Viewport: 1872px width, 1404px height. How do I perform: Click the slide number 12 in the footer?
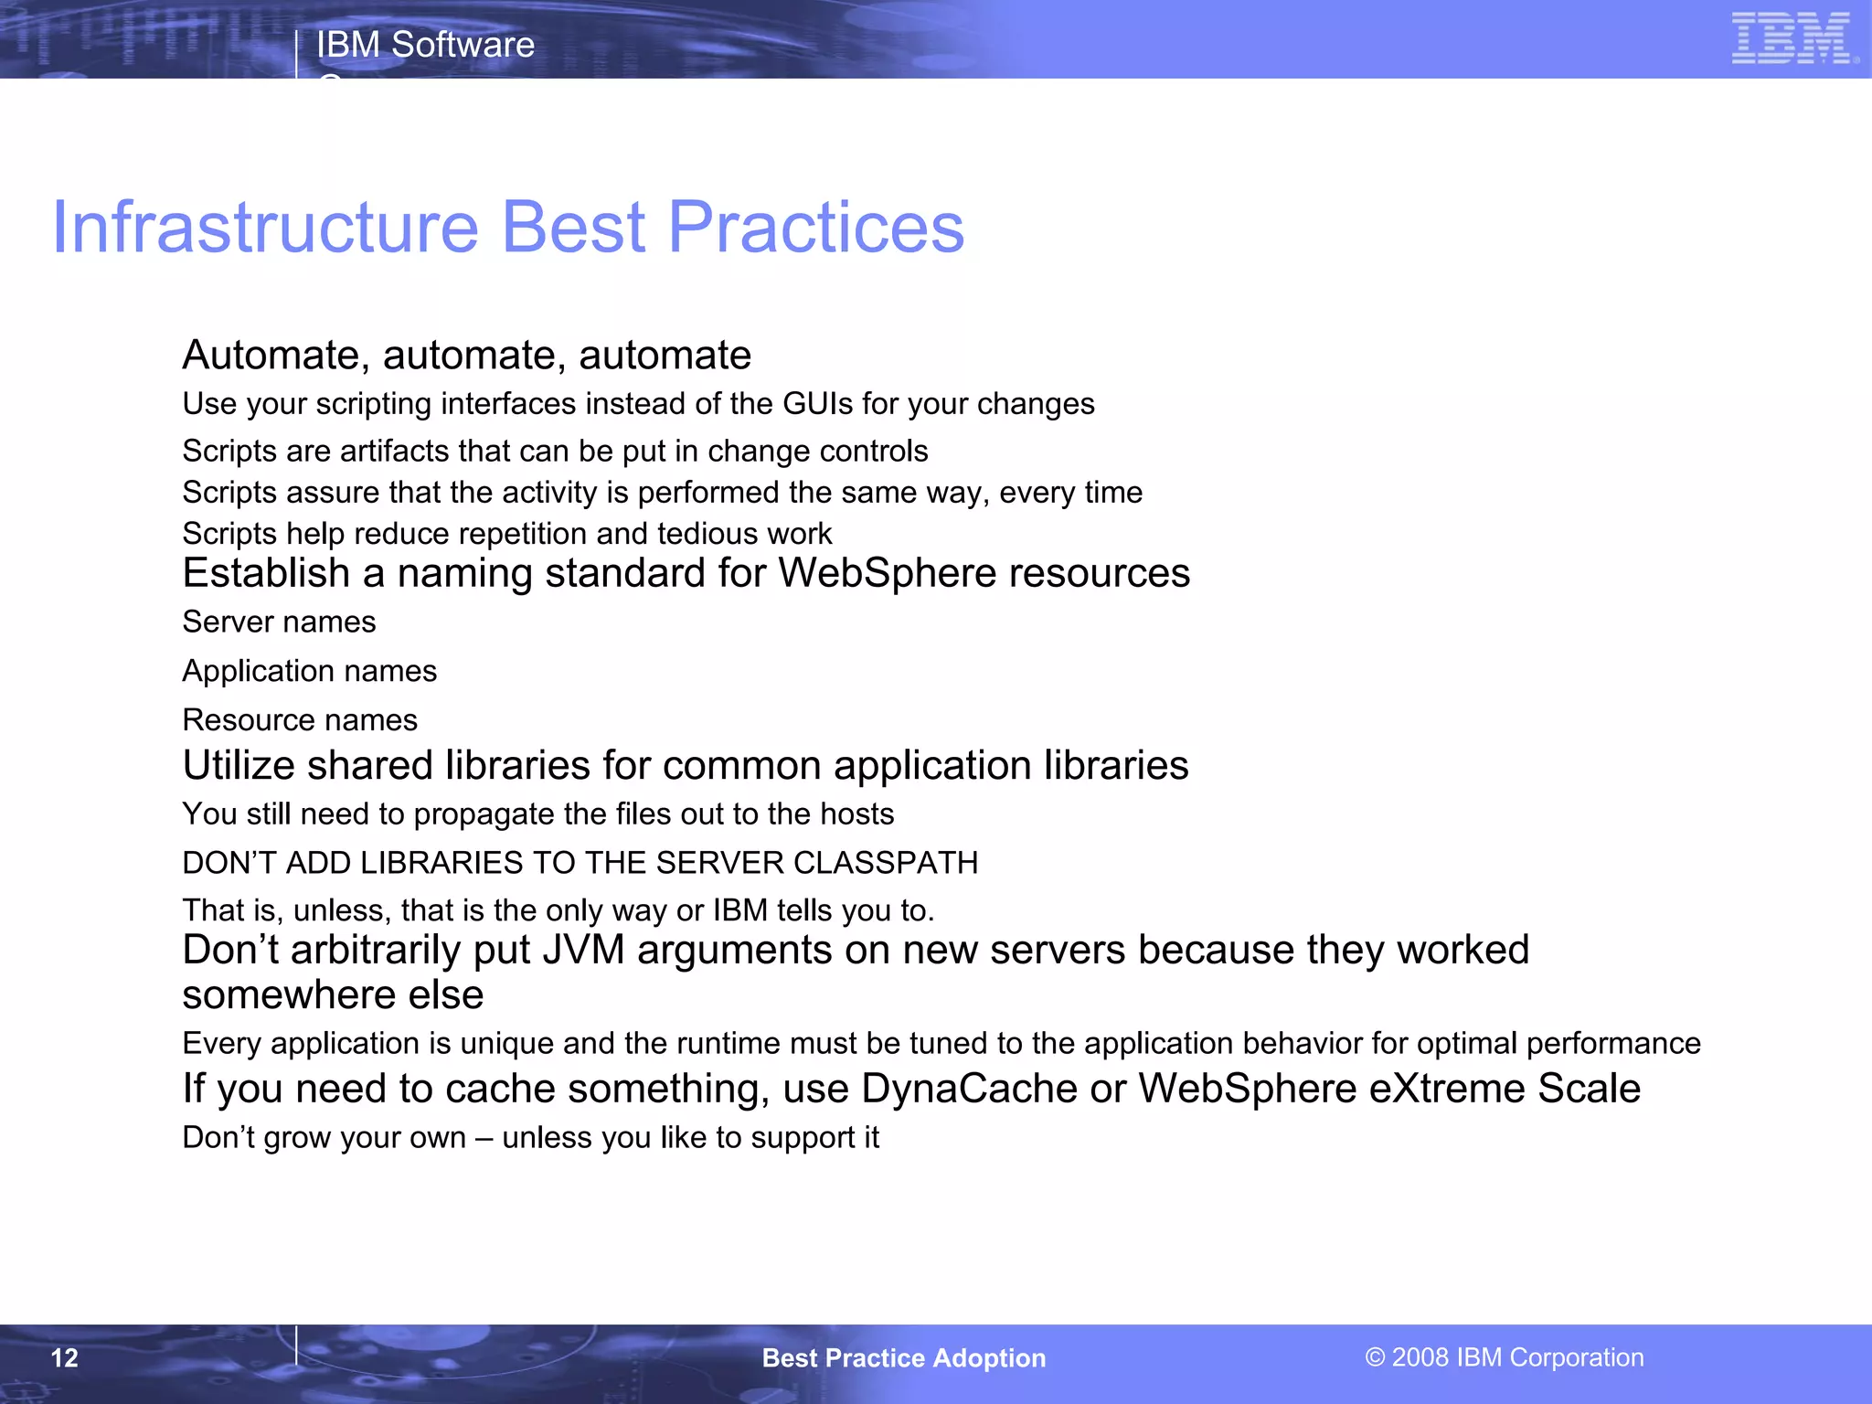pos(65,1357)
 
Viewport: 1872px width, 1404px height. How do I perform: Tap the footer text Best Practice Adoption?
pos(903,1357)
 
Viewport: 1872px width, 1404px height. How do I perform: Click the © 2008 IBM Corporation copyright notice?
pos(1504,1356)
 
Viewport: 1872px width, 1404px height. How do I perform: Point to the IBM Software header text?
pos(425,44)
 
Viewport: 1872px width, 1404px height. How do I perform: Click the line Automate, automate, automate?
pos(466,355)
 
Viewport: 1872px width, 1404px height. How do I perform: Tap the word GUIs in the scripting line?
pos(818,403)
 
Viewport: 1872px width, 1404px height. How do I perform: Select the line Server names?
pos(279,622)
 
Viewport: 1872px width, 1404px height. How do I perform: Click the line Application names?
pos(309,671)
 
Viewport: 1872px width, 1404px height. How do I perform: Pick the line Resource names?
pos(300,720)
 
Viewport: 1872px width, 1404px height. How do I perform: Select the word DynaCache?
pos(968,1089)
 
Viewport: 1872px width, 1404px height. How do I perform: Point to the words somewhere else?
pos(333,994)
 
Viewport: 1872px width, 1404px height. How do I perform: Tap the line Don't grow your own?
pos(530,1137)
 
